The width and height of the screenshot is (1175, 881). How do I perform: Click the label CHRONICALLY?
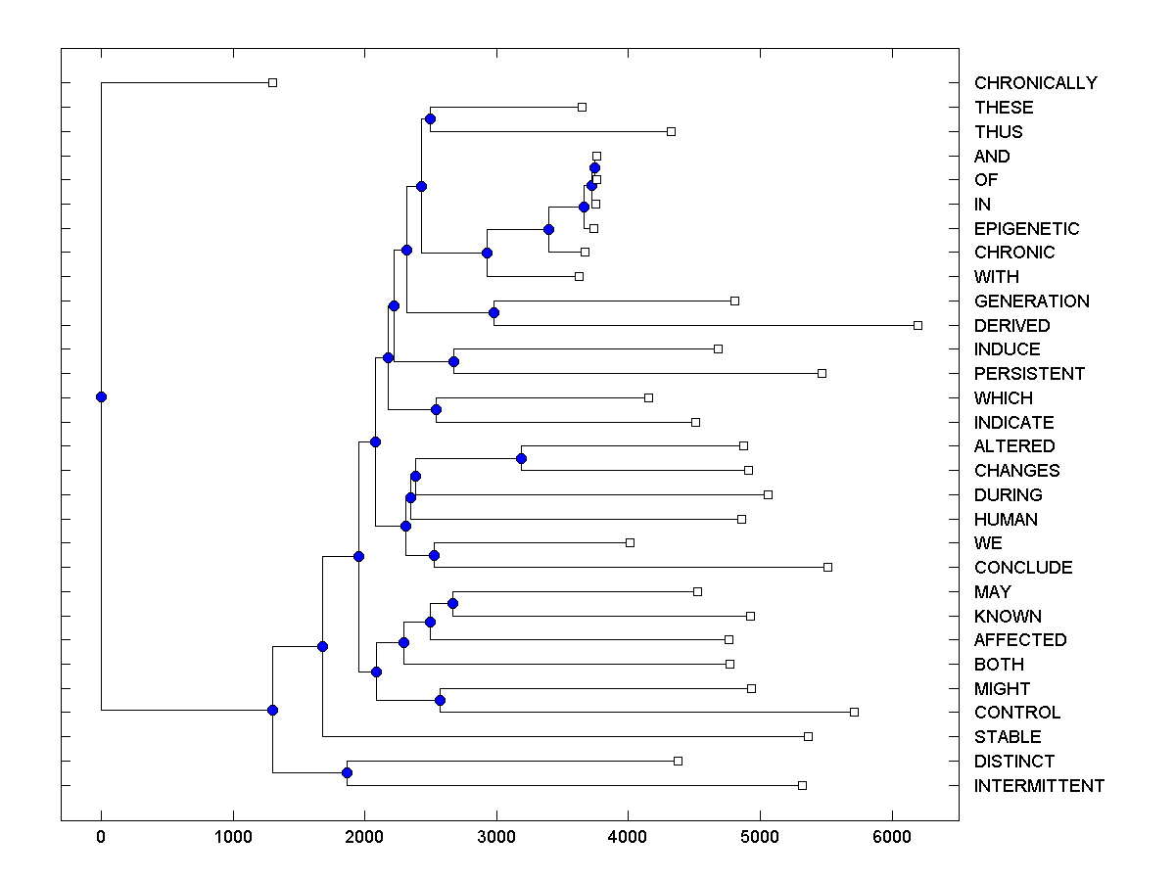[1035, 83]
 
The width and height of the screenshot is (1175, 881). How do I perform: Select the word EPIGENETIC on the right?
[1026, 229]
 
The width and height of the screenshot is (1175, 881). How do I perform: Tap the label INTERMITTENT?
[1039, 786]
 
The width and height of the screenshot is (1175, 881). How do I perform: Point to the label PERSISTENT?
[1029, 374]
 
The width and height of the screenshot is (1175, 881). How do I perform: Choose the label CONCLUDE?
[1023, 568]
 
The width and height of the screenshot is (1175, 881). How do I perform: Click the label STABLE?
[1008, 737]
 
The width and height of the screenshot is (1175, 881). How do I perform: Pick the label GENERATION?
[1031, 301]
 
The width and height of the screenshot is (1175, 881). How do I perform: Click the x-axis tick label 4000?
[628, 836]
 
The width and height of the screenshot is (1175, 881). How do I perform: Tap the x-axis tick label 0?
[101, 836]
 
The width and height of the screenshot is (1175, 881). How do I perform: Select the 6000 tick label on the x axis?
[892, 836]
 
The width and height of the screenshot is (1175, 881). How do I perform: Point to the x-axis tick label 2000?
[364, 836]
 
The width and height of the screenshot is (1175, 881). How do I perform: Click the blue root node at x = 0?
[101, 396]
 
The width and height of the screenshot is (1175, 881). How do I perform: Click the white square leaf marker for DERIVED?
[917, 325]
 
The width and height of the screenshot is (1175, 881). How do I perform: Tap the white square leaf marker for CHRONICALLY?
[273, 82]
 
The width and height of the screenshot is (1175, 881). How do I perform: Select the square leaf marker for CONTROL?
[854, 712]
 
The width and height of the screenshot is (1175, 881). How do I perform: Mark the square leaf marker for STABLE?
[808, 736]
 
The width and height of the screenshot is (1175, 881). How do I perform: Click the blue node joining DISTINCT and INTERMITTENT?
[347, 772]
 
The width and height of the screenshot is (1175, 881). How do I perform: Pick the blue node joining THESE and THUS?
[430, 118]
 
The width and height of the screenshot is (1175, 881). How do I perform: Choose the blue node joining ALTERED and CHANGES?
[521, 458]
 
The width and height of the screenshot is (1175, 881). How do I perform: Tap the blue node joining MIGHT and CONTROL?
[440, 700]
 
